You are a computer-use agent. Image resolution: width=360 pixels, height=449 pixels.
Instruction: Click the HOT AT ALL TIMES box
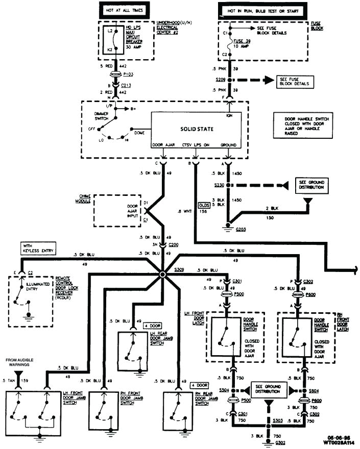(121, 10)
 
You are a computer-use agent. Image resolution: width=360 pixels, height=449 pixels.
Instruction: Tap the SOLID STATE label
(197, 129)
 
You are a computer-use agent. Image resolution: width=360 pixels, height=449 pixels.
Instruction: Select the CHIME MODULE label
(84, 198)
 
